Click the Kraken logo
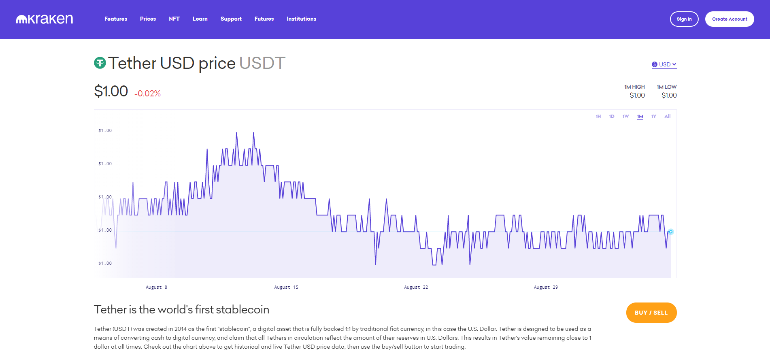pos(45,19)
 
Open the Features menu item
pos(116,19)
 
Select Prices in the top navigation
pos(148,19)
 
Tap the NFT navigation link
pos(174,19)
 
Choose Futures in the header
pos(264,19)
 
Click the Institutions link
pos(301,19)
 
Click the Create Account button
pos(730,19)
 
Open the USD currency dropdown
pos(664,64)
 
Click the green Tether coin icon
pos(100,63)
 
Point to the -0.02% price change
pos(147,94)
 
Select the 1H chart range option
pos(598,117)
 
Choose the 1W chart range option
pos(625,117)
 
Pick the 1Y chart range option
pos(653,117)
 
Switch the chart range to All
pos(667,117)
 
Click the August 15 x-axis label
pos(286,287)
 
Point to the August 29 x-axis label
pos(546,287)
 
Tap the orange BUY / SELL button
pos(651,313)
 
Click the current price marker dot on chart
pos(671,232)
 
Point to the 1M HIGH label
pos(634,87)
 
